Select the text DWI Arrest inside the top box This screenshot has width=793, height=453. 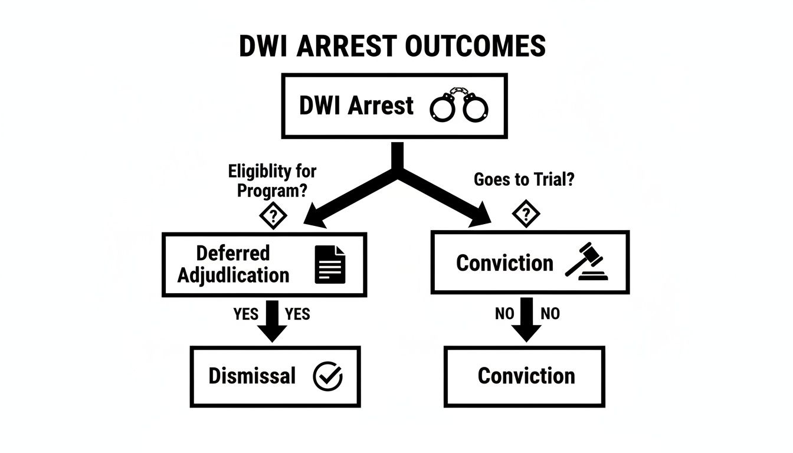click(x=356, y=106)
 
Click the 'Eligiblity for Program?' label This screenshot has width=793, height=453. click(x=272, y=181)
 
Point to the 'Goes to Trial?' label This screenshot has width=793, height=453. click(x=524, y=180)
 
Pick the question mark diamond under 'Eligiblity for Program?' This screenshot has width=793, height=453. click(x=273, y=216)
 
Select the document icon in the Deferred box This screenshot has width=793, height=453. click(x=330, y=264)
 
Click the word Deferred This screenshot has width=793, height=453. click(x=232, y=253)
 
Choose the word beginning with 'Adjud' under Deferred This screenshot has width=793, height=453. click(x=234, y=275)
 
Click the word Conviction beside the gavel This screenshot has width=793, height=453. click(x=504, y=263)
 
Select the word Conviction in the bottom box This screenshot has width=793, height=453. click(x=526, y=376)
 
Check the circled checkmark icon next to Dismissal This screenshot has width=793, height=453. click(x=327, y=376)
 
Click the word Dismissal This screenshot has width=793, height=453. click(x=252, y=376)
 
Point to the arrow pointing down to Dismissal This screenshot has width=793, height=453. click(x=272, y=321)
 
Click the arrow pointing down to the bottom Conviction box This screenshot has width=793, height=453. click(x=527, y=321)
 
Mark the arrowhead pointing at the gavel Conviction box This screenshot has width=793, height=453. click(x=481, y=218)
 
